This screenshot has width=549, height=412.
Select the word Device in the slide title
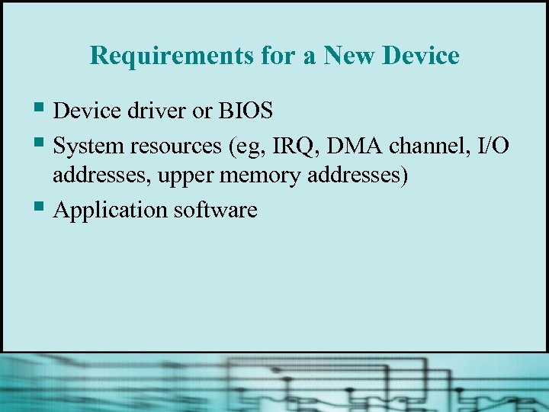[422, 56]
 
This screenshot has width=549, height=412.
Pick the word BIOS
[245, 111]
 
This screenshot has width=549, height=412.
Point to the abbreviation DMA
[346, 144]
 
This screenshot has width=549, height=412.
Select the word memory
[256, 177]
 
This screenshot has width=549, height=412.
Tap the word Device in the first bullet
[84, 111]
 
